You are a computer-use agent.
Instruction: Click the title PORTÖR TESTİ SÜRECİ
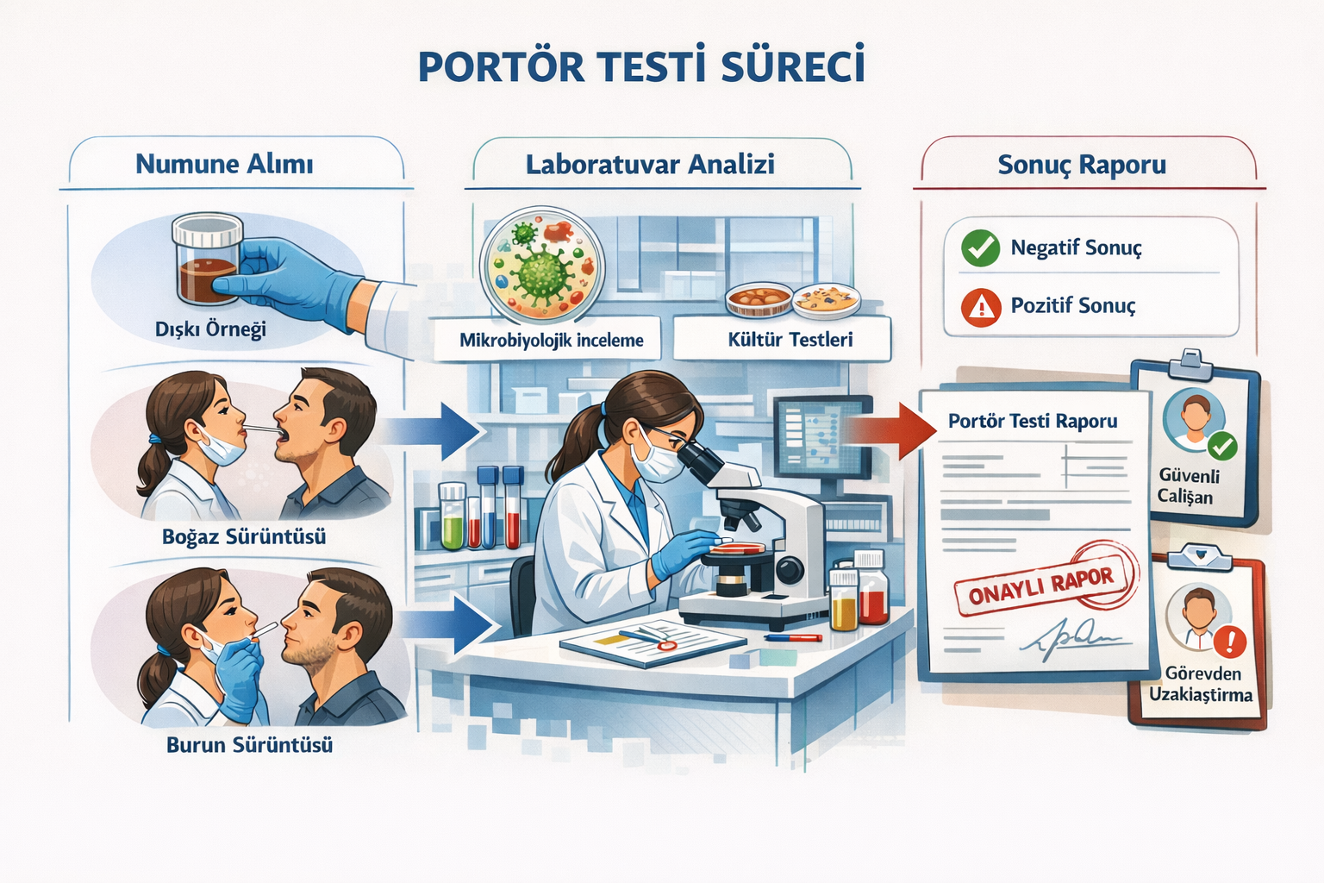pos(642,67)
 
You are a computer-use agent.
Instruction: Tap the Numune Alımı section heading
pos(224,164)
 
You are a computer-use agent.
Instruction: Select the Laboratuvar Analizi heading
pos(650,164)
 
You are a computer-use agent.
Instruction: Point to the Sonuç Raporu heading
pos(1082,164)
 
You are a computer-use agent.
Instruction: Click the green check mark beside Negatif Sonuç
pos(980,248)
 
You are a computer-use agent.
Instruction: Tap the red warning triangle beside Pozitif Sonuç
pos(981,307)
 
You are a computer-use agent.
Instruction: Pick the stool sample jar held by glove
pos(207,263)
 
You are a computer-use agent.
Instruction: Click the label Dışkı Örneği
pos(210,329)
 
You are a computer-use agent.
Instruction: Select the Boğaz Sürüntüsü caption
pos(244,537)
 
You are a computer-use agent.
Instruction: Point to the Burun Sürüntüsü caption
pos(249,745)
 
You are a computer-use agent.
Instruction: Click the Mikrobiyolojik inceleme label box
pos(551,340)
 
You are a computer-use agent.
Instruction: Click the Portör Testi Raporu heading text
pos(1033,421)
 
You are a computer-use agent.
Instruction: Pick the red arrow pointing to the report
pos(892,429)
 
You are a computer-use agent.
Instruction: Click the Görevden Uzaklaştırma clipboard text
pos(1201,684)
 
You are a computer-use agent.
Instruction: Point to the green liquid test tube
pos(452,517)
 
